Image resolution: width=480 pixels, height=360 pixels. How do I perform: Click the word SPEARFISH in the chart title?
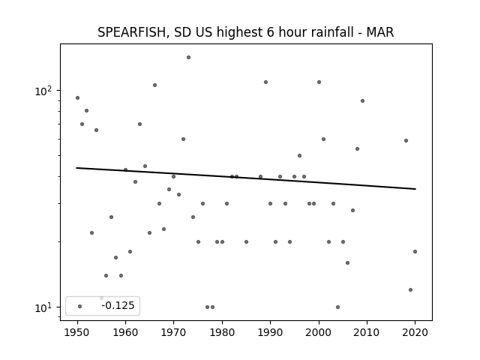click(132, 32)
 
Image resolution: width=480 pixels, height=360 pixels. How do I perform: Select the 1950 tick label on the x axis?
click(77, 332)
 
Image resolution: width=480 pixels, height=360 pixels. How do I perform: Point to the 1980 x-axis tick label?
click(222, 332)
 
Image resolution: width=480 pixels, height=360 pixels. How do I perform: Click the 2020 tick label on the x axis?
click(415, 332)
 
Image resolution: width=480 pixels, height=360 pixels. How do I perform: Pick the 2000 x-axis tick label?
click(319, 332)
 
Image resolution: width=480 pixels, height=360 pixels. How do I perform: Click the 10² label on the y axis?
click(43, 91)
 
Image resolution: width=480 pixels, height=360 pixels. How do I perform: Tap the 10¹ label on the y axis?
click(43, 307)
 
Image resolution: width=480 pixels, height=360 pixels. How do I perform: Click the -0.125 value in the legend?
click(118, 305)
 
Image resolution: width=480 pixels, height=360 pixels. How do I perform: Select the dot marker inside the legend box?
click(80, 306)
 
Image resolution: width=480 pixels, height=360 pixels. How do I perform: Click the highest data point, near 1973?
click(188, 57)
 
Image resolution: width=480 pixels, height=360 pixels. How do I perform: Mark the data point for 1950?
click(77, 98)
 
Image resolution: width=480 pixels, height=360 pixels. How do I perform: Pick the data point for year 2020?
click(415, 252)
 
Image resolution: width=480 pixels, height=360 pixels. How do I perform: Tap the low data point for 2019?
click(410, 290)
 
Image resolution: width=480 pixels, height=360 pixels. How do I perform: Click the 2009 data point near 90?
click(362, 100)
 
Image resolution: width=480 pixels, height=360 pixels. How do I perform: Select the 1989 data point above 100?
click(265, 82)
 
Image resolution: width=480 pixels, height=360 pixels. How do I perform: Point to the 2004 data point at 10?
click(338, 307)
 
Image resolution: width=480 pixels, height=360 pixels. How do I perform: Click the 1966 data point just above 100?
click(155, 85)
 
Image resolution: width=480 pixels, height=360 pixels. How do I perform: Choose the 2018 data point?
click(406, 140)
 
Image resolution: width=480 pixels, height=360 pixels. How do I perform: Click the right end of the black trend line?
click(415, 189)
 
